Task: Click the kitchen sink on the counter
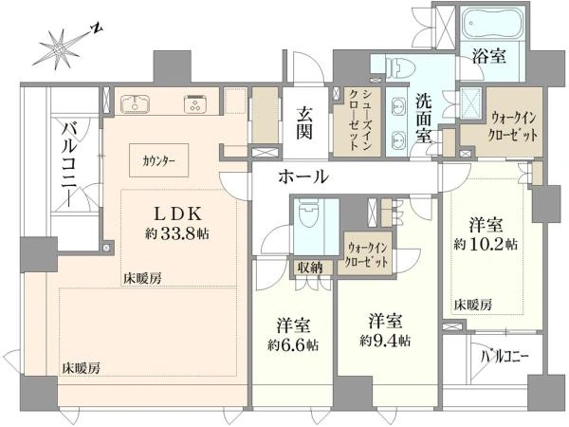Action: pos(135,103)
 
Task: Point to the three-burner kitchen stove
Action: pos(195,103)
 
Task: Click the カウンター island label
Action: pos(159,160)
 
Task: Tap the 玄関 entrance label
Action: pos(304,123)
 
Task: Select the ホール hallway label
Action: pos(303,176)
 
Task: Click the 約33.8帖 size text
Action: pos(176,233)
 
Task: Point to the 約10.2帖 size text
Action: pos(486,245)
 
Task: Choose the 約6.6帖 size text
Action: pos(293,344)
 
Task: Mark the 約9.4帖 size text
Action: pos(385,341)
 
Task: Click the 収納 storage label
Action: pos(310,268)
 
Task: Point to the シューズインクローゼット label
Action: pos(359,120)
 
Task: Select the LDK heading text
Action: pos(177,213)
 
